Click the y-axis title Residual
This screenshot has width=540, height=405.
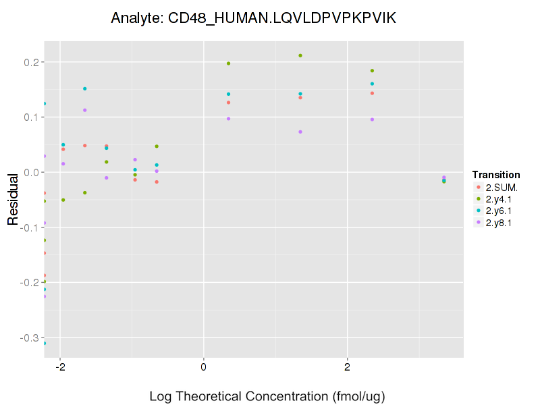(x=12, y=199)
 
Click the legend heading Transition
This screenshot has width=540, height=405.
(x=496, y=175)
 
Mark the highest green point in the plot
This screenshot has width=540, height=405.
(x=300, y=55)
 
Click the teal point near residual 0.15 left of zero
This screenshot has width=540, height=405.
(x=85, y=88)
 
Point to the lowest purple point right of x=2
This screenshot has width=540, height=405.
(x=444, y=178)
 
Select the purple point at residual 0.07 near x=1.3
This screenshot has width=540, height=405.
(x=300, y=132)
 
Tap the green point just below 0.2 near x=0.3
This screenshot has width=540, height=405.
(x=228, y=63)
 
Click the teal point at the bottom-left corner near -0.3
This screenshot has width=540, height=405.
(x=45, y=344)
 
